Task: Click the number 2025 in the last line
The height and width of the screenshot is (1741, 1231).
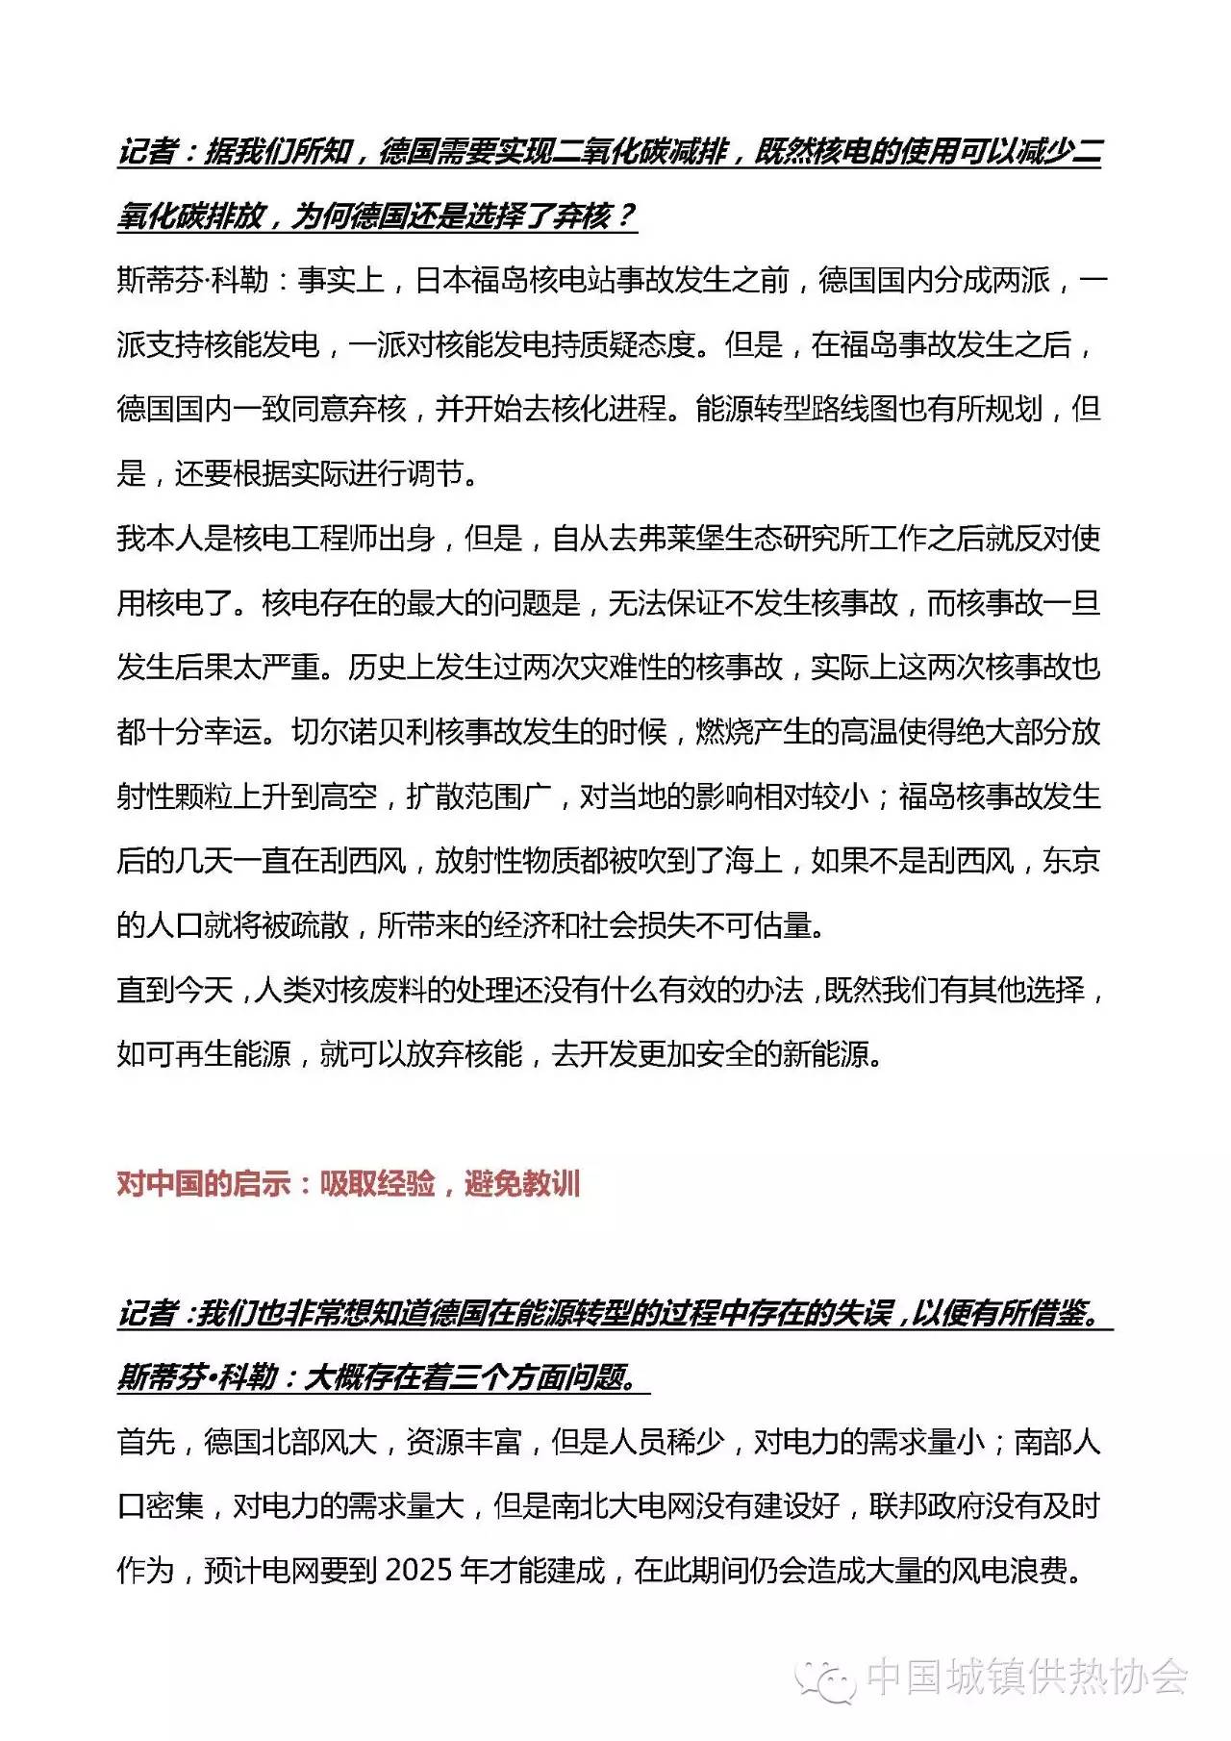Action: pyautogui.click(x=418, y=1571)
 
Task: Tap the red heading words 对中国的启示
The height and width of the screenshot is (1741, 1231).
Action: pyautogui.click(x=203, y=1183)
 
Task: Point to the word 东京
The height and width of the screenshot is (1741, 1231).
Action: pyautogui.click(x=1071, y=861)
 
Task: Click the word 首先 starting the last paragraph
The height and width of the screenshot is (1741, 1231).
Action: pyautogui.click(x=145, y=1442)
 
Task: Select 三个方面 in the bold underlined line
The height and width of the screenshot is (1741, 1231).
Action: pyautogui.click(x=508, y=1377)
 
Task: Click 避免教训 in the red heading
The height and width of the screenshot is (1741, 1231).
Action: pyautogui.click(x=522, y=1183)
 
